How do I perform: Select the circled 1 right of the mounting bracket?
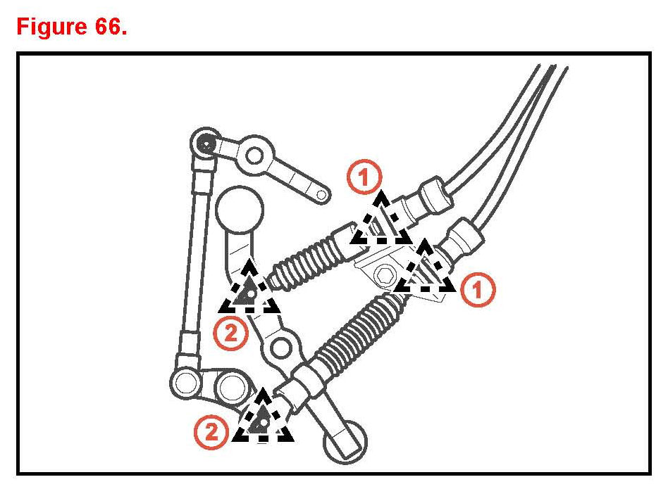click(x=477, y=289)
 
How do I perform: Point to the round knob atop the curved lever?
click(x=239, y=209)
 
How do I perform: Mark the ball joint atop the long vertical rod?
click(x=205, y=143)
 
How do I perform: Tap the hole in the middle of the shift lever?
click(x=281, y=346)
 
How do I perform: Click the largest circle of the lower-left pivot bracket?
click(x=232, y=386)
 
